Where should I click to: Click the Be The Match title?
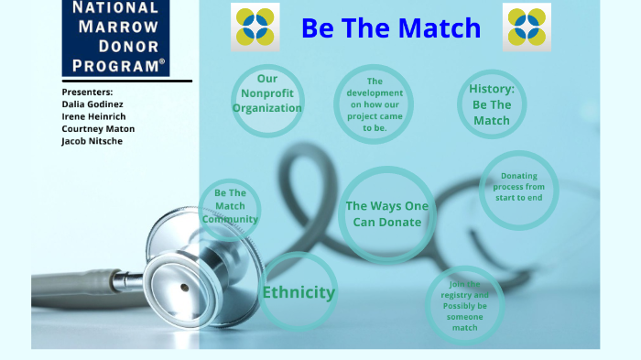click(x=391, y=28)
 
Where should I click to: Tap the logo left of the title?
click(x=256, y=27)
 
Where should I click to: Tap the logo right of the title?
click(x=527, y=27)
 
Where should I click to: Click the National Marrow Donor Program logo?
click(x=115, y=38)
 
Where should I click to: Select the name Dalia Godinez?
click(x=92, y=104)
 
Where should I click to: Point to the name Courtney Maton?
click(x=98, y=129)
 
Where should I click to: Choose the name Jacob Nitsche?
click(x=92, y=141)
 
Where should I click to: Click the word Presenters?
click(x=88, y=93)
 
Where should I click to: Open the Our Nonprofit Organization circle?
click(x=267, y=94)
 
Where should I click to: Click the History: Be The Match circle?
click(x=492, y=104)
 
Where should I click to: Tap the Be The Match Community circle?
click(x=230, y=207)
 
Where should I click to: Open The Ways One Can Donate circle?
click(x=387, y=214)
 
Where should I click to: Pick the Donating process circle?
click(x=519, y=188)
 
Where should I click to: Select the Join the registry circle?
click(x=464, y=305)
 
